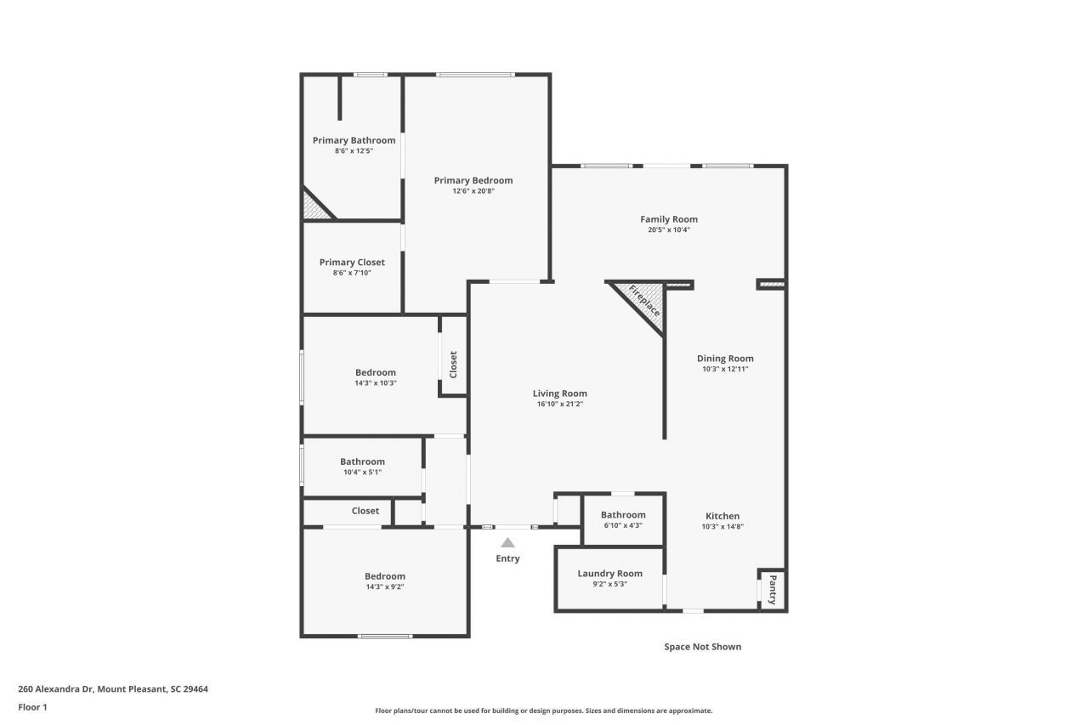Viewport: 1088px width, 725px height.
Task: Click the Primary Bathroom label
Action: click(354, 140)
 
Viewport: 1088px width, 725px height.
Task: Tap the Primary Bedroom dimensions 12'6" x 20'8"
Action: click(473, 191)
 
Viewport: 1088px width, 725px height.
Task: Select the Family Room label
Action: click(669, 219)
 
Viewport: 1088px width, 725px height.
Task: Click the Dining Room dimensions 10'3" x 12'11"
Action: click(725, 370)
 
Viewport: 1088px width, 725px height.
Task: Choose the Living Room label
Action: click(559, 394)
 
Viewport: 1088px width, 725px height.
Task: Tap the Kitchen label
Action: click(722, 516)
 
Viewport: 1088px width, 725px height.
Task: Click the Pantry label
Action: click(773, 589)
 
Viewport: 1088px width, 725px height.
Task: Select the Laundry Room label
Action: click(609, 574)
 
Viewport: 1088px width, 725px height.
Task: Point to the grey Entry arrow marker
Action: click(507, 542)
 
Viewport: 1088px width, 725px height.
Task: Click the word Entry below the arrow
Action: click(507, 558)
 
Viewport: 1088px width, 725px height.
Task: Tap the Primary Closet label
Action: click(352, 263)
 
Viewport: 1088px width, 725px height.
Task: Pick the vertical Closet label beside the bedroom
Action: click(453, 365)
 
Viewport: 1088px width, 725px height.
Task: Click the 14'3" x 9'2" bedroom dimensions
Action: click(385, 587)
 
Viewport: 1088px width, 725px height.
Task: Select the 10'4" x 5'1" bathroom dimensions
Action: click(362, 473)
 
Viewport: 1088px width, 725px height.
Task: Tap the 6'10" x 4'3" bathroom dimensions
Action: click(623, 526)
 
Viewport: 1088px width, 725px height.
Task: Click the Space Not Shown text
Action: click(702, 647)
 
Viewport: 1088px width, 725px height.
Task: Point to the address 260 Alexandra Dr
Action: click(113, 689)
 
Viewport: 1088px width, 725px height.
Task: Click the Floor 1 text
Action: click(32, 707)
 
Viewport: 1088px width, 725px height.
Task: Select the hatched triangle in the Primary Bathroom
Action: click(313, 207)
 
